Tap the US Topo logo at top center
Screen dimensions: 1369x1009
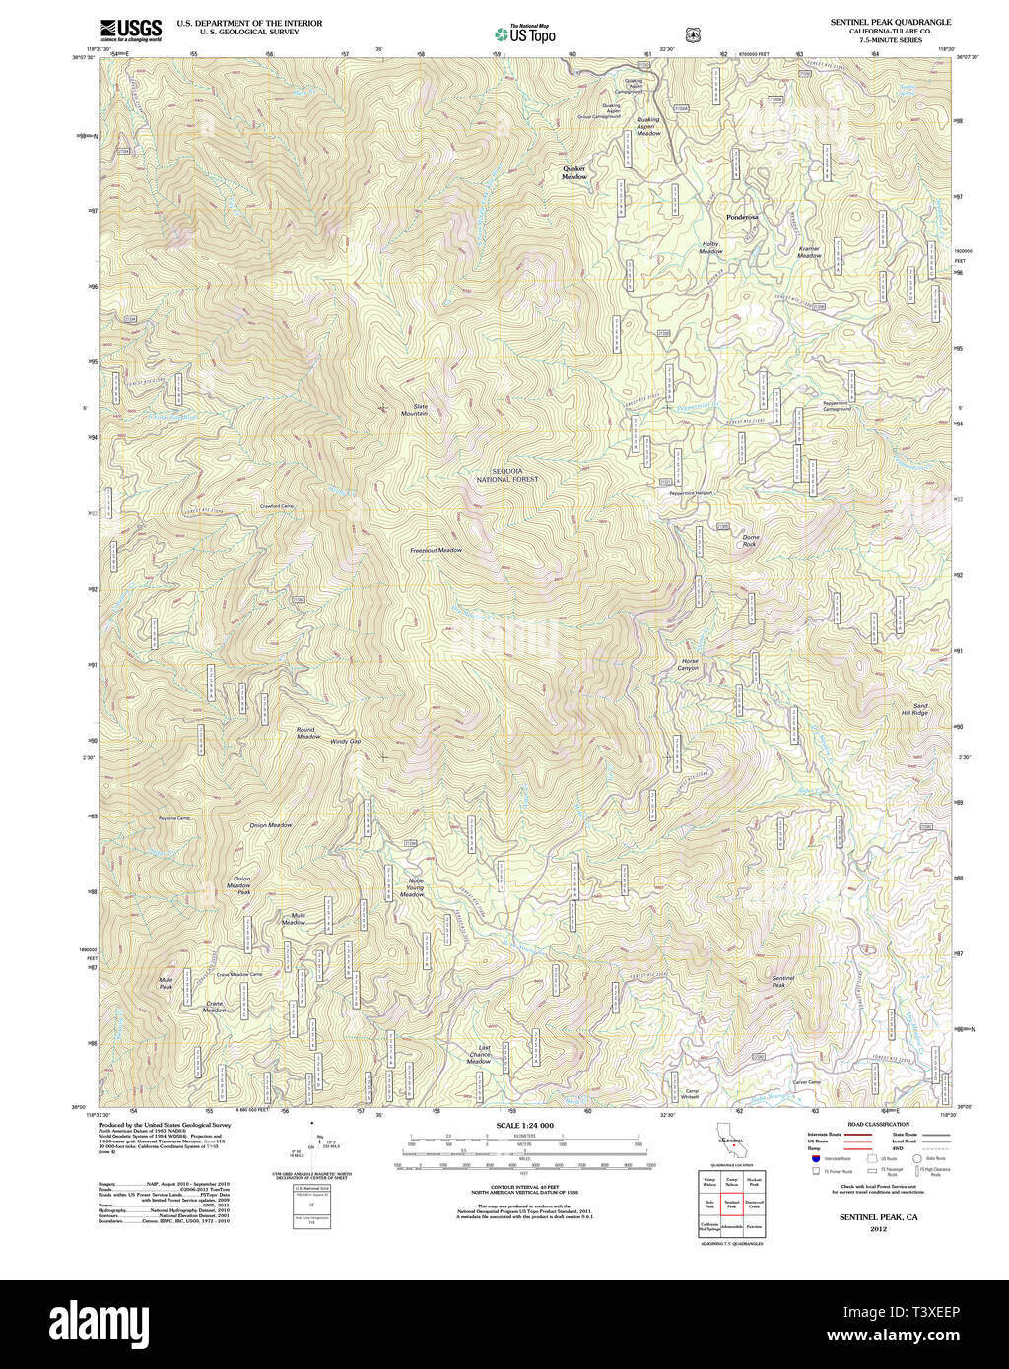coord(524,33)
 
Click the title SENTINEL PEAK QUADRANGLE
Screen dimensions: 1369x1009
coord(883,21)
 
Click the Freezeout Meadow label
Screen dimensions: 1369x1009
coord(436,550)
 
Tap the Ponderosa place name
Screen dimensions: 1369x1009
coord(742,217)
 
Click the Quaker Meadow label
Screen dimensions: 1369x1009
coord(573,172)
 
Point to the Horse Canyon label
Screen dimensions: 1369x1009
coord(689,665)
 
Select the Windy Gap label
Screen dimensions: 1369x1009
coord(345,741)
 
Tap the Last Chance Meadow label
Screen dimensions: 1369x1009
coord(479,1054)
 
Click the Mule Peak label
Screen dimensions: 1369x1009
coord(166,983)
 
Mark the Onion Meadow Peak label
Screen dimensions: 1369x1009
coord(240,885)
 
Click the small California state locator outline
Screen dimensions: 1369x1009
coord(730,1142)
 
